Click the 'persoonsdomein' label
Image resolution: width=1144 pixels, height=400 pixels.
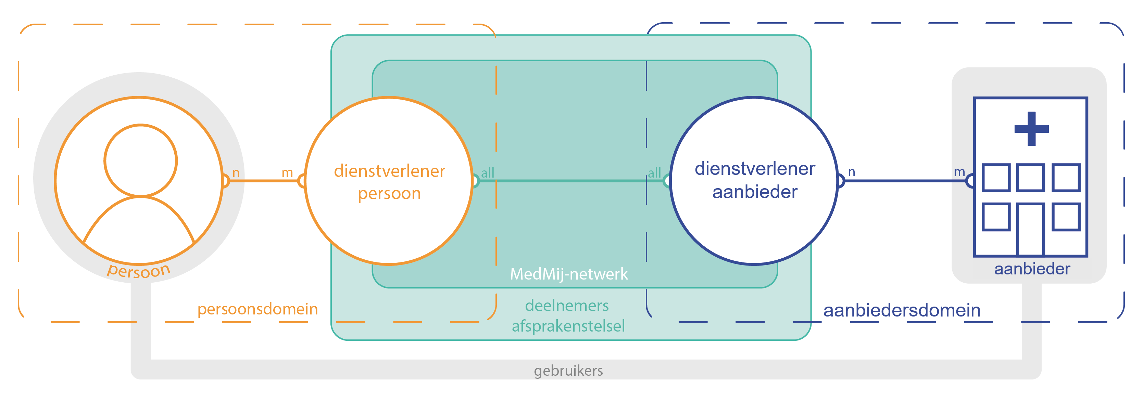click(x=257, y=309)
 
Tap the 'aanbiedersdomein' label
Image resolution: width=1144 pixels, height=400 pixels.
click(x=902, y=310)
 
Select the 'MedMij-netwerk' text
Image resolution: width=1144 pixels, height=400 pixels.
click(x=568, y=274)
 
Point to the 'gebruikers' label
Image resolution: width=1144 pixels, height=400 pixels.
click(x=568, y=371)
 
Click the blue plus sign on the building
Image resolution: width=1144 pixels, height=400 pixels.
click(x=1031, y=129)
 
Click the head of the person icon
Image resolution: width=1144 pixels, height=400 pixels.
click(x=140, y=160)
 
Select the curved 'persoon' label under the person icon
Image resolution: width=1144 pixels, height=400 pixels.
click(x=139, y=270)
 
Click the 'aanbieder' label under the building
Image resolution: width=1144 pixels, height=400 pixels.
click(x=1032, y=269)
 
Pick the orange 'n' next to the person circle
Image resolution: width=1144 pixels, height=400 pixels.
click(x=236, y=173)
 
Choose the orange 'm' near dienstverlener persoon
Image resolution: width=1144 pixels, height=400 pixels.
click(x=287, y=173)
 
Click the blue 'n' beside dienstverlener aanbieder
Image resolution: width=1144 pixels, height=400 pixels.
click(x=851, y=172)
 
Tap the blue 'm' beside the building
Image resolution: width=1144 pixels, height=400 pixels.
click(x=959, y=172)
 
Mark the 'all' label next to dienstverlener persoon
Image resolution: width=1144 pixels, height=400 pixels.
click(x=488, y=173)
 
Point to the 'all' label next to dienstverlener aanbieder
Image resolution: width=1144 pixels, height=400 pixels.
click(x=654, y=173)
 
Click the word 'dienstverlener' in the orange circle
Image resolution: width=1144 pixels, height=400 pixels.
click(x=389, y=171)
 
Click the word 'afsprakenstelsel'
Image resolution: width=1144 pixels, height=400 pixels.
click(x=568, y=326)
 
